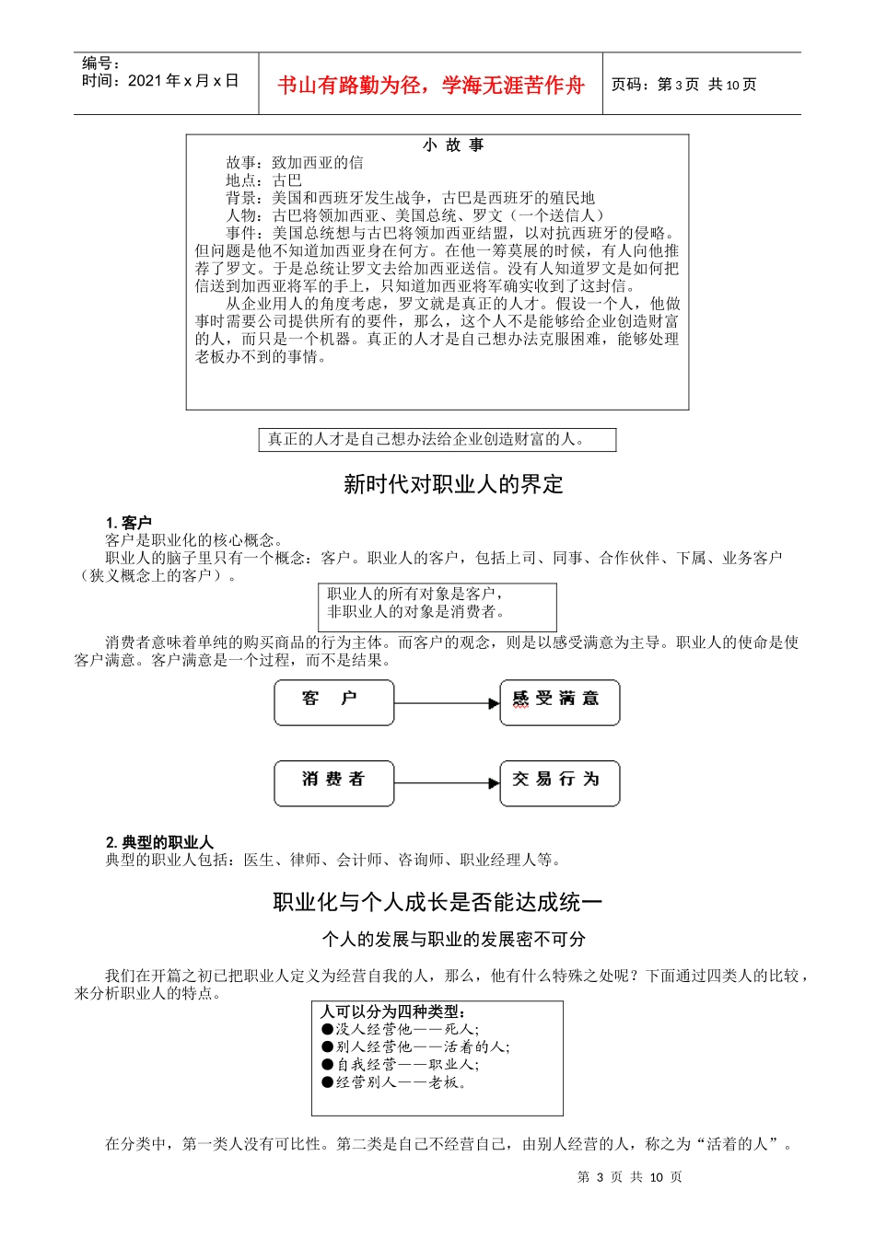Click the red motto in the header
tap(431, 86)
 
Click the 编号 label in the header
tap(100, 64)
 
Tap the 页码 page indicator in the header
tap(683, 85)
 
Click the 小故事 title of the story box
tap(453, 145)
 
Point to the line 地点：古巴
tap(264, 180)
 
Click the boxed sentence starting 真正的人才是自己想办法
tap(426, 439)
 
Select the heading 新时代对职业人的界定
tap(453, 484)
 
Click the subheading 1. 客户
tap(129, 523)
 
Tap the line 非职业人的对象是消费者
tap(416, 611)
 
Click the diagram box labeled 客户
tap(334, 702)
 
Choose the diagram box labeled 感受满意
tap(559, 702)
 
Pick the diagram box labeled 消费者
tap(334, 783)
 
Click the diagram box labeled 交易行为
tap(559, 783)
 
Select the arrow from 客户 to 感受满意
tap(447, 703)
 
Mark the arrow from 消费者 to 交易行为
tap(447, 784)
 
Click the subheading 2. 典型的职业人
tap(159, 842)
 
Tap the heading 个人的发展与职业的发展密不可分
tap(453, 939)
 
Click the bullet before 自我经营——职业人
tap(328, 1064)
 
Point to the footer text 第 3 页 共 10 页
tap(629, 1177)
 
